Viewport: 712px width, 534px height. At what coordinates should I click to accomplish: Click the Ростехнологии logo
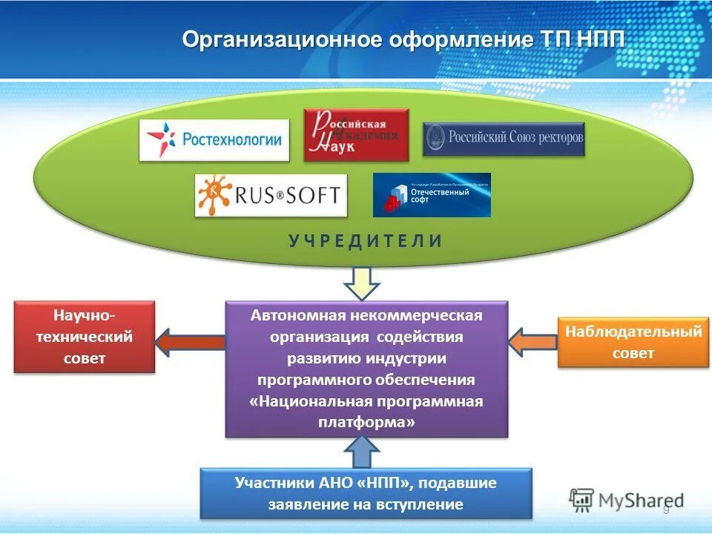214,139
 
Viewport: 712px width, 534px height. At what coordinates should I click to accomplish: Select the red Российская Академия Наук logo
356,134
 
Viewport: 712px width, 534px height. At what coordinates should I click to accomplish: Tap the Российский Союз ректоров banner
504,139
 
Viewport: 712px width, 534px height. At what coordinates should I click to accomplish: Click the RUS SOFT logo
271,195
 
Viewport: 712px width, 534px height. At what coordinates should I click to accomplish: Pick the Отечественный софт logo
432,195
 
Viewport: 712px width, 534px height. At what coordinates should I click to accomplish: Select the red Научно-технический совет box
85,337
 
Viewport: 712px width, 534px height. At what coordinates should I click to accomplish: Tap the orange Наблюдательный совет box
633,342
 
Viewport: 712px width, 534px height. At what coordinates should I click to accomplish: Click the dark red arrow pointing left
189,342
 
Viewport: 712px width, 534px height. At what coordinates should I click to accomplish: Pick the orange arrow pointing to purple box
533,342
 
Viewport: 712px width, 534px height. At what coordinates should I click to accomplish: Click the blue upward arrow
362,451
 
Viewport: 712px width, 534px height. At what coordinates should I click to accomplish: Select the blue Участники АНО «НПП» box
366,493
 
